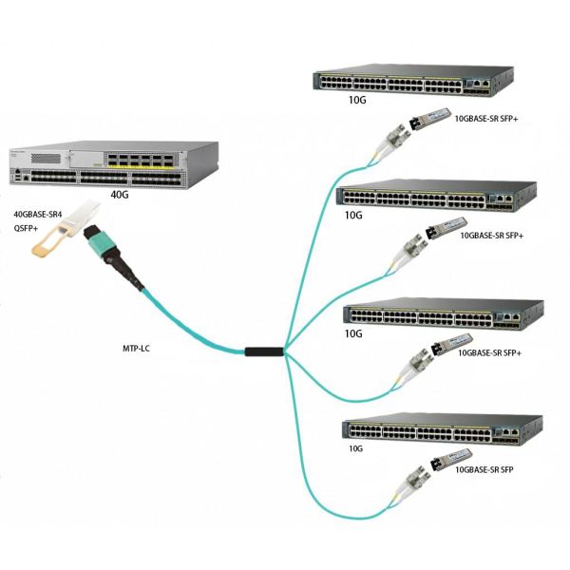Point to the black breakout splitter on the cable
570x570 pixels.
(x=263, y=352)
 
